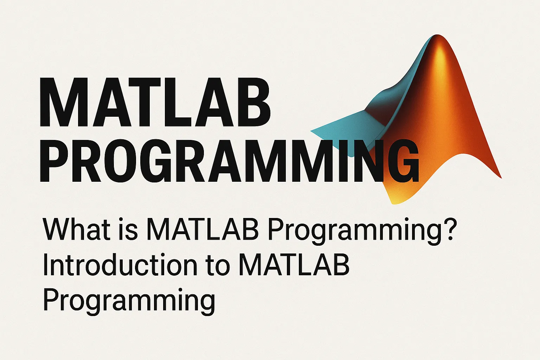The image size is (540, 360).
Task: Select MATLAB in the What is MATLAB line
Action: (x=202, y=229)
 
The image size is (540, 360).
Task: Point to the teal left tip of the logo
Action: (x=313, y=131)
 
